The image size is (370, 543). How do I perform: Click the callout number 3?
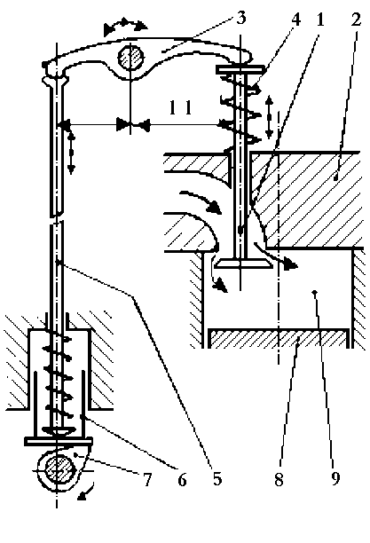click(x=240, y=18)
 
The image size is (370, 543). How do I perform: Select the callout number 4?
click(x=295, y=20)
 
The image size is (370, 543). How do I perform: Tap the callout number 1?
click(x=320, y=20)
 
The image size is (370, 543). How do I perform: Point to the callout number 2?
click(x=356, y=20)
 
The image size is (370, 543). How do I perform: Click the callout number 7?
click(x=147, y=480)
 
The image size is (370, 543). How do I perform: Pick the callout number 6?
click(x=182, y=480)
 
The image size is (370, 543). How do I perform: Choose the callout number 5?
click(x=217, y=480)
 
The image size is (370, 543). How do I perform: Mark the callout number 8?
click(x=279, y=480)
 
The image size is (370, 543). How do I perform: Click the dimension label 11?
click(x=180, y=108)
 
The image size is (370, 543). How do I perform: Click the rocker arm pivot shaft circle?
click(x=130, y=57)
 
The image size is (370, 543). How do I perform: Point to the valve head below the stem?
click(x=242, y=264)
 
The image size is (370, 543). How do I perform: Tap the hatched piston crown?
click(x=279, y=338)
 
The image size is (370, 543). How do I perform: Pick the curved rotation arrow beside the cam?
click(x=87, y=491)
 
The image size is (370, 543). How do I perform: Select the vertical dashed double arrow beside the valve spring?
click(x=270, y=118)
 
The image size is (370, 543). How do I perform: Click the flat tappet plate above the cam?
click(x=59, y=441)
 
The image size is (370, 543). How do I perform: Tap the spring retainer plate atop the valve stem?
click(x=240, y=69)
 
